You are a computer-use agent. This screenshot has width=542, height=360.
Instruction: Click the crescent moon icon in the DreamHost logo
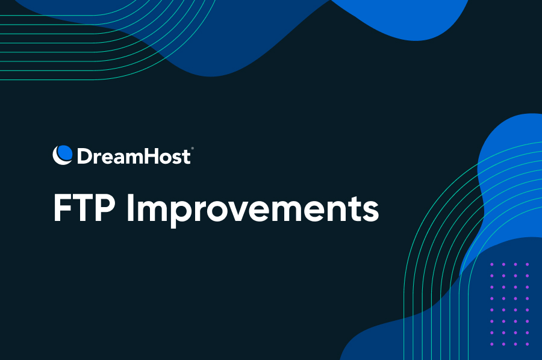(x=62, y=155)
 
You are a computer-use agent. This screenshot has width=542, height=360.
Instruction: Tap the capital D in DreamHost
(x=84, y=156)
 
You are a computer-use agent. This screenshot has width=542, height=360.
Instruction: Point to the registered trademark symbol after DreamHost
(x=192, y=149)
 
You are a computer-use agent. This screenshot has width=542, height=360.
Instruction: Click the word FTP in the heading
(x=84, y=208)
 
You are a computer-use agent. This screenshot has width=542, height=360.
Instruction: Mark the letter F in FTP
(x=63, y=208)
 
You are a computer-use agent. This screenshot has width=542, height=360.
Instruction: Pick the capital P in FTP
(x=105, y=208)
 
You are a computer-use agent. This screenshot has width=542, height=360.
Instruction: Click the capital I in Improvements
(x=130, y=208)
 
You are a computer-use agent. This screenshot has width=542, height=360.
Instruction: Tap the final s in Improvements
(x=370, y=212)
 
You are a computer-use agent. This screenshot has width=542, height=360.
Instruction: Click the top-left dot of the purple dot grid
(x=492, y=265)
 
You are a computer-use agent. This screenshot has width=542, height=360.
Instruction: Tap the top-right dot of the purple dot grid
(x=527, y=265)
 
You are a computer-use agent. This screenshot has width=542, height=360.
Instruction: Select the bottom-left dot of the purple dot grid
(x=492, y=344)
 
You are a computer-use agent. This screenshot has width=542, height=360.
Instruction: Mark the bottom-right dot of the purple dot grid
(x=527, y=344)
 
